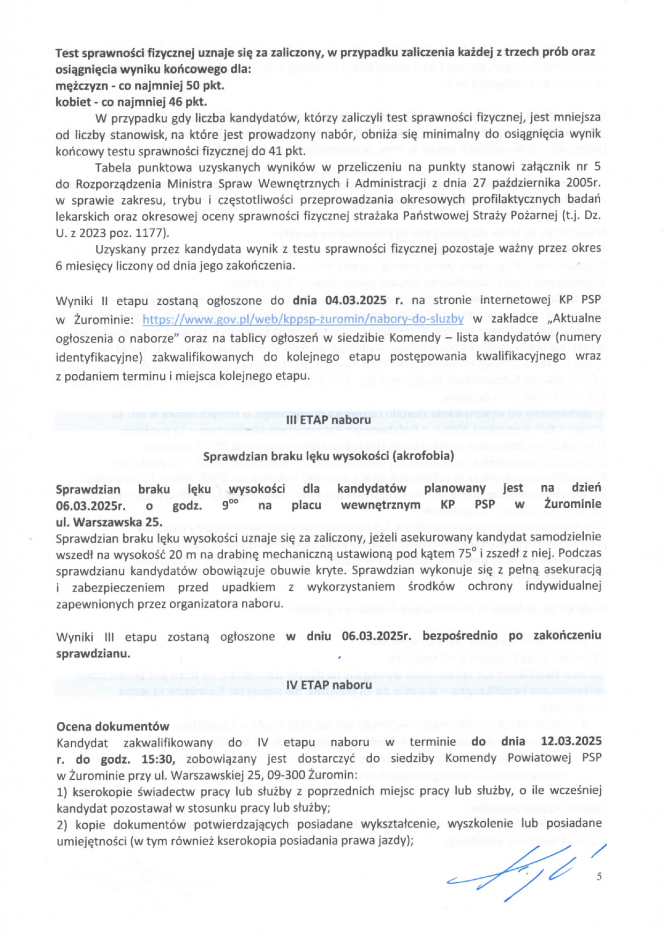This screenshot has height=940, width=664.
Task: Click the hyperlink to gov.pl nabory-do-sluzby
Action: tap(303, 319)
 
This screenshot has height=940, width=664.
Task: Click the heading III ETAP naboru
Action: tap(328, 420)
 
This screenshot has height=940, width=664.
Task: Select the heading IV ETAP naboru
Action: tap(329, 685)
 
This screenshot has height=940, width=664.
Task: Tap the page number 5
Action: tap(599, 876)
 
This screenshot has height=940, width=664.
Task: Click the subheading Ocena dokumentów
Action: tap(112, 726)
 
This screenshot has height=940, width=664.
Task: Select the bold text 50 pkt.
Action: tap(205, 85)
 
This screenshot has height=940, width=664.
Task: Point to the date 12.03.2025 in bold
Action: tap(571, 741)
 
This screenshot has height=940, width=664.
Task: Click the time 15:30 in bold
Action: tap(157, 758)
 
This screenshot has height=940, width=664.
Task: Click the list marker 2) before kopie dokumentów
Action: tap(63, 824)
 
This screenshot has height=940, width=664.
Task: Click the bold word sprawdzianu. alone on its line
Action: tap(93, 653)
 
